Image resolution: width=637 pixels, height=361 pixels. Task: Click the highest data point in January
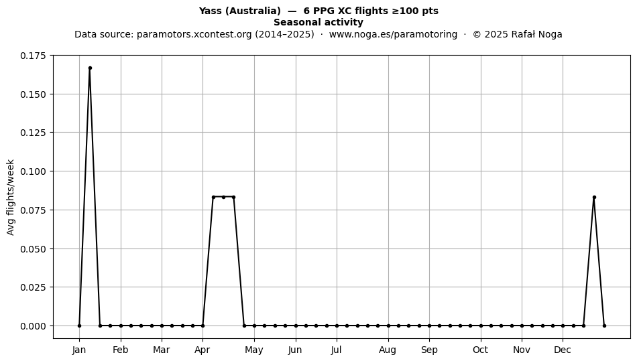90,68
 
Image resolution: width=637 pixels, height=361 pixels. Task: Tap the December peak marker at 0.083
594,197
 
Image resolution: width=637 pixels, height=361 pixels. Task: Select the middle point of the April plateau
223,197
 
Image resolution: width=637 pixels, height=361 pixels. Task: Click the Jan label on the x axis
79,350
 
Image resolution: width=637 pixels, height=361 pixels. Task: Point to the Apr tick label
202,350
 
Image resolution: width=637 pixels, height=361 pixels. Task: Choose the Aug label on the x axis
388,350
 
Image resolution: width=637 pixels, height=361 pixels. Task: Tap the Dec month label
563,350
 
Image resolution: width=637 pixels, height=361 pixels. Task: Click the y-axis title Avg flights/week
11,197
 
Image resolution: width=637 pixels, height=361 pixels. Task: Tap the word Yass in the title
211,11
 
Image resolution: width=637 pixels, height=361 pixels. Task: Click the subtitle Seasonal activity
318,22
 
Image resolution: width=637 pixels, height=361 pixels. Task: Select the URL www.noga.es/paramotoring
393,34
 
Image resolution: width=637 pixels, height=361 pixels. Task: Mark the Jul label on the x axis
336,350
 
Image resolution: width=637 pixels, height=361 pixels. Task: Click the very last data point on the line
604,326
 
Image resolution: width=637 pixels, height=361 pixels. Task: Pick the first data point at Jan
79,326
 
